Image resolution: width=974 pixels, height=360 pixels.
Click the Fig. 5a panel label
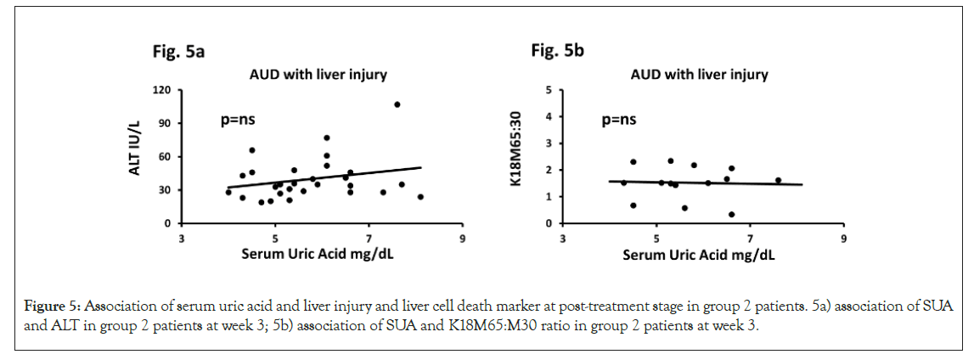[x=172, y=52]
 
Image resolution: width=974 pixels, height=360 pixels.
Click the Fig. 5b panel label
[x=557, y=52]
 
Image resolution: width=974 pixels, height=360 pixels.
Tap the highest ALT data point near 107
[x=397, y=104]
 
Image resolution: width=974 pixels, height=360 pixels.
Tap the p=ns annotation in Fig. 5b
[x=619, y=121]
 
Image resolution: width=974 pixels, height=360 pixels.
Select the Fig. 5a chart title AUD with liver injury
[x=318, y=74]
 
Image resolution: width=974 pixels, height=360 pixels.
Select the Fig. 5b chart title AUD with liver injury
[x=699, y=74]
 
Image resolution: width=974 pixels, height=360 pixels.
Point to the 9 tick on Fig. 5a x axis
[x=463, y=239]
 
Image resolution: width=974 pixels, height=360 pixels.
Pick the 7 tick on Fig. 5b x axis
[x=750, y=239]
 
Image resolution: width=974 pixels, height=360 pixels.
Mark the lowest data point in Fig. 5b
[x=731, y=215]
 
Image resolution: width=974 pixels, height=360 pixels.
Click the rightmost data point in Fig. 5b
[x=778, y=180]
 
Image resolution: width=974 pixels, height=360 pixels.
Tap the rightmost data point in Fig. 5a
[x=420, y=197]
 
